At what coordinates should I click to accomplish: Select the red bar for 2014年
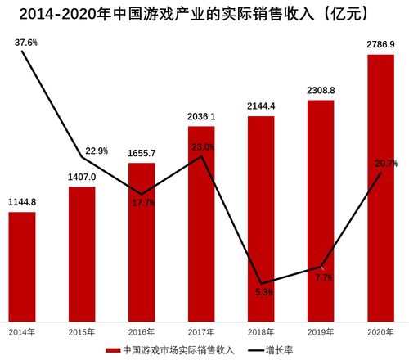coord(22,266)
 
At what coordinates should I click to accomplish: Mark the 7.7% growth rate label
coord(323,278)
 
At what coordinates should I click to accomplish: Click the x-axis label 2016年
coord(142,331)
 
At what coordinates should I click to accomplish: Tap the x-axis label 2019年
coord(321,331)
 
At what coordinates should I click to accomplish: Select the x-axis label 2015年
coord(82,331)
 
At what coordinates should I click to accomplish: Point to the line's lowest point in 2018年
coord(261,279)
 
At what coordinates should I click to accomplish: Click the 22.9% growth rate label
coord(97,151)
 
